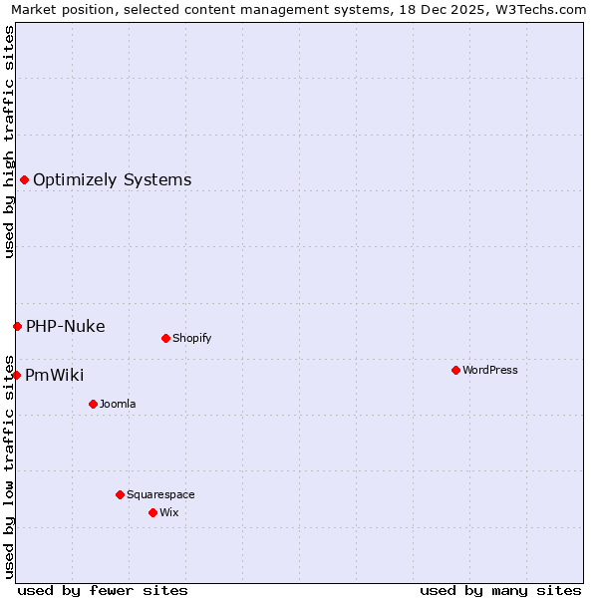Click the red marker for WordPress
click(x=455, y=370)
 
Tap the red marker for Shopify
click(x=165, y=338)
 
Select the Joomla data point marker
click(x=93, y=404)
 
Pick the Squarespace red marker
click(x=120, y=494)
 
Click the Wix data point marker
click(x=152, y=512)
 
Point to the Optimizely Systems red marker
click(x=24, y=179)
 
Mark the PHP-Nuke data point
click(x=17, y=326)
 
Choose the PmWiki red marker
click(x=17, y=375)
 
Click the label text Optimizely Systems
click(x=112, y=180)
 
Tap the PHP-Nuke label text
click(x=65, y=327)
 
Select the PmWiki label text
click(x=54, y=376)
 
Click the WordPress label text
click(x=490, y=370)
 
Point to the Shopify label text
click(x=191, y=338)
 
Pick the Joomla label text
click(x=118, y=404)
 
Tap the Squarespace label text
click(x=160, y=494)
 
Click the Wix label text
click(x=168, y=512)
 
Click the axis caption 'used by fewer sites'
click(x=103, y=590)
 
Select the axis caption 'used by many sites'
click(x=500, y=590)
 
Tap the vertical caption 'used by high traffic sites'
click(x=9, y=143)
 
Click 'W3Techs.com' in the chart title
click(x=543, y=9)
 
